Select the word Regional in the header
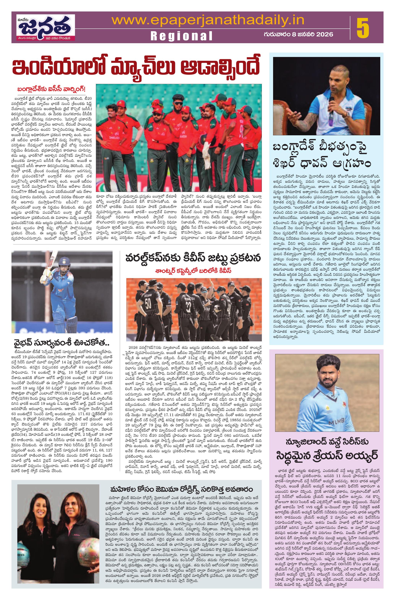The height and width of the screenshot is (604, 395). pyautogui.click(x=181, y=36)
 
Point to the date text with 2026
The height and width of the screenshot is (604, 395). pyautogui.click(x=298, y=34)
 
